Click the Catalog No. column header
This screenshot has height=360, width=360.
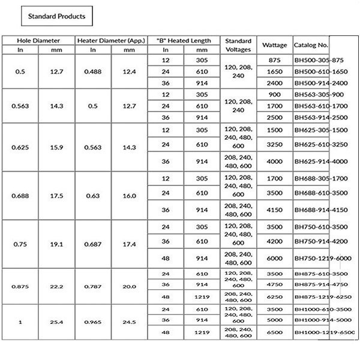[311, 45]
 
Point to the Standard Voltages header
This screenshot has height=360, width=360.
[238, 45]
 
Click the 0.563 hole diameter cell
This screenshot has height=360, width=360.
[20, 106]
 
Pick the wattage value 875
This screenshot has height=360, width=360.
[275, 61]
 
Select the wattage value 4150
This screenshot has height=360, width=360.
[275, 210]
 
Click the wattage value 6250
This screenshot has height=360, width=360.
[275, 296]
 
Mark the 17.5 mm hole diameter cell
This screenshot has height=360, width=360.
[57, 195]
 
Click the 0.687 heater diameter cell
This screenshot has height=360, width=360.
[92, 244]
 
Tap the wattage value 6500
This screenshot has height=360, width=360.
[275, 332]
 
